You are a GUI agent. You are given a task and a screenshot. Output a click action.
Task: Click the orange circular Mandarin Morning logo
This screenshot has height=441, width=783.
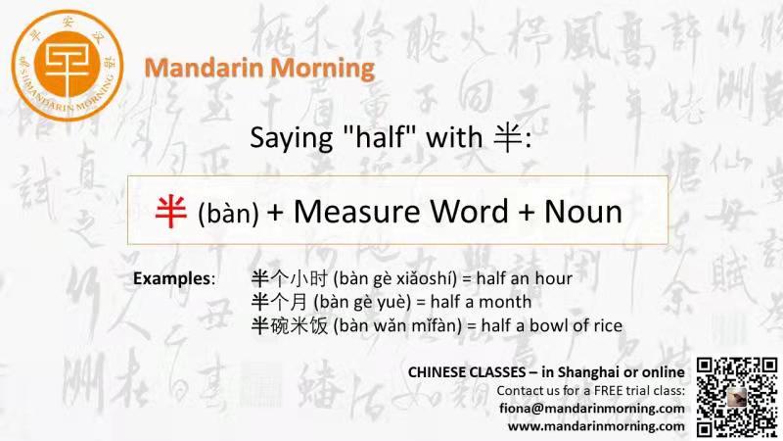68,66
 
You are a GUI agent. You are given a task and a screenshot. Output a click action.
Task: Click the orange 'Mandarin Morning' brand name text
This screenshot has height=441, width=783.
259,68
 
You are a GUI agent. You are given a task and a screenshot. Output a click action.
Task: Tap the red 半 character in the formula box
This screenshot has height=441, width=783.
170,212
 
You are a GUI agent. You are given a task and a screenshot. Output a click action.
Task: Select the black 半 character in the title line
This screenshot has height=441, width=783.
508,137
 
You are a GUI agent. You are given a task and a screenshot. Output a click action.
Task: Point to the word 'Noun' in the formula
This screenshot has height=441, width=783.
583,211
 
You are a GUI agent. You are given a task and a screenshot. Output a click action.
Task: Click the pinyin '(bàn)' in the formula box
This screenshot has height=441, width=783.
228,214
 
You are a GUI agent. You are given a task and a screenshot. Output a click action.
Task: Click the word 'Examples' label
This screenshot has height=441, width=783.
172,278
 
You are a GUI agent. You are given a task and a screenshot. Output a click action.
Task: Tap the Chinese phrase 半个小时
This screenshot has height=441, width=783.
289,278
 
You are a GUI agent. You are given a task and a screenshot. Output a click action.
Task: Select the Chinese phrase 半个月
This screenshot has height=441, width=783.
280,302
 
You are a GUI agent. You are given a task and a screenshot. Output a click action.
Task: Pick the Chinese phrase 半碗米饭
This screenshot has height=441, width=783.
289,325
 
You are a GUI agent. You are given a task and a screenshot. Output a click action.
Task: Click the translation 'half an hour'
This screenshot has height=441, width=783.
525,278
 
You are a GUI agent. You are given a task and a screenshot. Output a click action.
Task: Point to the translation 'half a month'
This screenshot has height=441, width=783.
481,302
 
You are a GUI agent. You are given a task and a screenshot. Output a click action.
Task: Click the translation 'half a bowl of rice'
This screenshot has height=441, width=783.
552,325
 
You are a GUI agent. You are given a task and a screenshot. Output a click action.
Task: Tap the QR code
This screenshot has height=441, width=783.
737,397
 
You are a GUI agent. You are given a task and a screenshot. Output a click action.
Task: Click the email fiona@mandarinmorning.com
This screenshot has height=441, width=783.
592,409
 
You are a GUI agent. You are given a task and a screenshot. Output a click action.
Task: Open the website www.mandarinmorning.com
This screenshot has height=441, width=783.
596,426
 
